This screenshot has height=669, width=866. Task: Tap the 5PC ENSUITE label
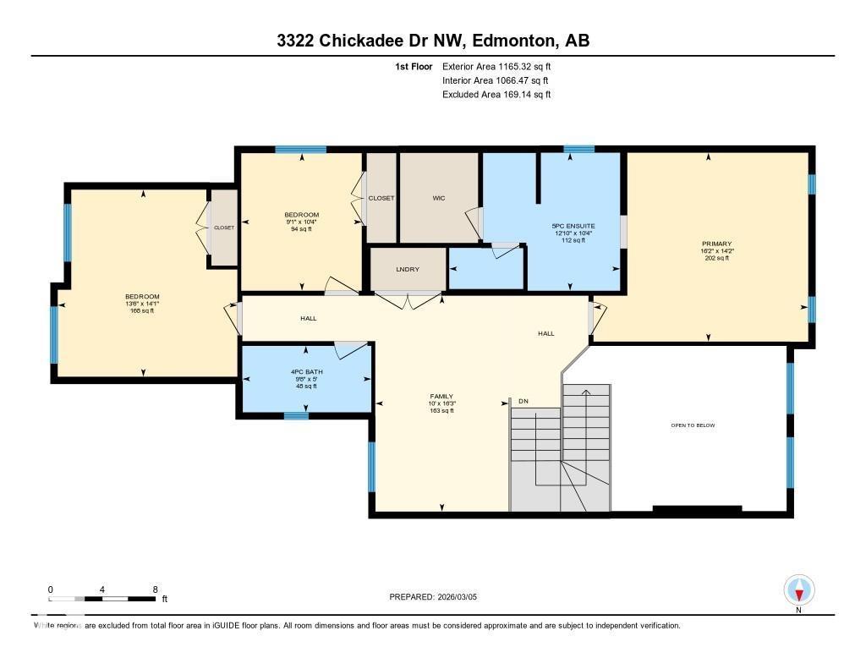point(573,226)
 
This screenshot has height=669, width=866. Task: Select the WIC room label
point(438,198)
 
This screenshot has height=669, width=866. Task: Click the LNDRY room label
point(408,269)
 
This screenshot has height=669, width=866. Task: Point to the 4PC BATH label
point(307,372)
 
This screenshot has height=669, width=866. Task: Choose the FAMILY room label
point(441,396)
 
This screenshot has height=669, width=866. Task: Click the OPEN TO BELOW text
point(692,425)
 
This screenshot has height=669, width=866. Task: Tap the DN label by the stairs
point(523,401)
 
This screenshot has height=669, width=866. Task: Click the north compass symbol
point(798,589)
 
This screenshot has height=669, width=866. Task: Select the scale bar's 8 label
point(155,589)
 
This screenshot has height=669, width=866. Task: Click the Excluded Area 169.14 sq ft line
point(496,95)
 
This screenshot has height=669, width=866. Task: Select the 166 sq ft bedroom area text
point(142,311)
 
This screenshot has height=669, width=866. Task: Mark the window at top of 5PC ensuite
point(578,150)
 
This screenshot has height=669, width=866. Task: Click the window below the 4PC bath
point(295,415)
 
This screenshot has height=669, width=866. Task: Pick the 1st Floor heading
point(414,66)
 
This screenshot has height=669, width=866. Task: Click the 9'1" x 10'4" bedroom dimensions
point(301,222)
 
